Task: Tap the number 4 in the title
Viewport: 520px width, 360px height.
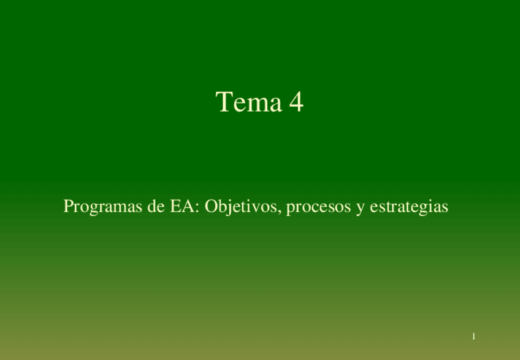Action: tap(296, 102)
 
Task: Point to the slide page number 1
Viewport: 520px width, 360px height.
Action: tap(474, 337)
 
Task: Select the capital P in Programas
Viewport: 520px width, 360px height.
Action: tap(68, 207)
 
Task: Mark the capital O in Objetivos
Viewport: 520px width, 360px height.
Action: tap(212, 207)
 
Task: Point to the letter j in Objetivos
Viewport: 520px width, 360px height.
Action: tap(229, 208)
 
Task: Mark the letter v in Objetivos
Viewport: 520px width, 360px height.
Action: tap(256, 209)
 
